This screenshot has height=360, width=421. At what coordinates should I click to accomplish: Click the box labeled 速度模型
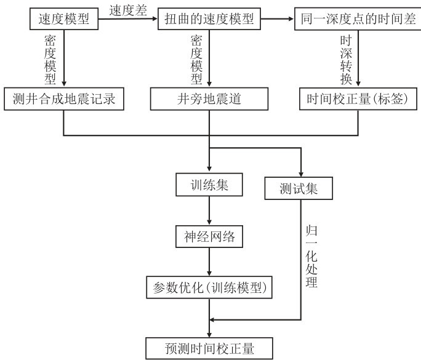[x=64, y=20]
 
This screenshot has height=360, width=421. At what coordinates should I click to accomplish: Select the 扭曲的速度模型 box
[x=210, y=20]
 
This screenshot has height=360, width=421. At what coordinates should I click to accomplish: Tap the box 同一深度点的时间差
[x=358, y=20]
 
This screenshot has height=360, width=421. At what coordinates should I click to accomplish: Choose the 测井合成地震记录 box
[x=64, y=98]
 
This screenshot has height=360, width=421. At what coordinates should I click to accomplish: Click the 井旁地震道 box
[x=210, y=98]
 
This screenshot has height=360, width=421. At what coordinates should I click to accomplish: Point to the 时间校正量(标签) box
[x=358, y=98]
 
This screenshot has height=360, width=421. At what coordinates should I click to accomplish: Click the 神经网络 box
[x=210, y=236]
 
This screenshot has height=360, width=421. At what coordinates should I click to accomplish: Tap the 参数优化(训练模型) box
[x=210, y=287]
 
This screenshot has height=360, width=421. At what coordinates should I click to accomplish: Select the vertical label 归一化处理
[x=312, y=257]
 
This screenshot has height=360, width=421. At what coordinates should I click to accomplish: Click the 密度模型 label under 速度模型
[x=50, y=59]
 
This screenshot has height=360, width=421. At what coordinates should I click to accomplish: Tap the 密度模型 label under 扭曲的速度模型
[x=196, y=59]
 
